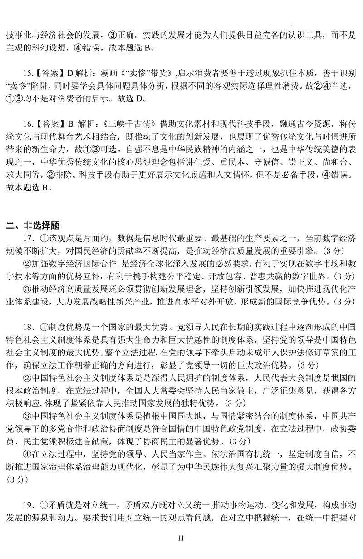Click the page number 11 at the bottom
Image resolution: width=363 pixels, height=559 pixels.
(x=181, y=539)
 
